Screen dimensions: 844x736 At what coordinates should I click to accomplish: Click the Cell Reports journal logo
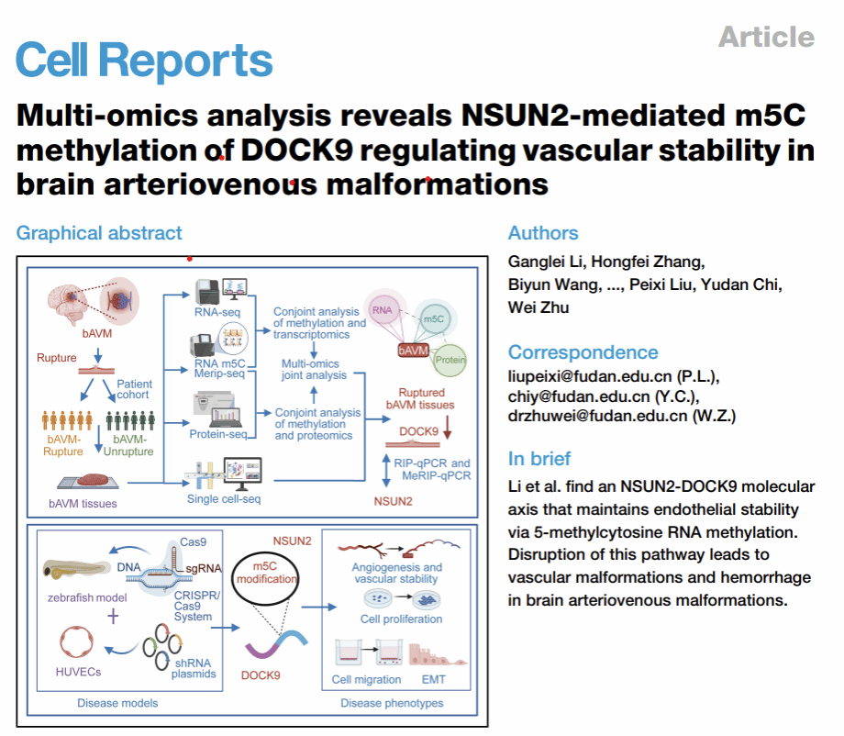144,61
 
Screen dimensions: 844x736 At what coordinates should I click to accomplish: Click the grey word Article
767,37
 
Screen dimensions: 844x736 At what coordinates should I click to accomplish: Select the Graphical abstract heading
99,233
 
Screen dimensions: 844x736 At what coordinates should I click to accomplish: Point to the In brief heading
539,459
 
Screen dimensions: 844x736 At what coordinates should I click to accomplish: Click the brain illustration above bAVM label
66,304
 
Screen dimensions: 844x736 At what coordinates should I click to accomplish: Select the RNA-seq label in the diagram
217,312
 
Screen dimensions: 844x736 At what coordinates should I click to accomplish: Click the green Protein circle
450,360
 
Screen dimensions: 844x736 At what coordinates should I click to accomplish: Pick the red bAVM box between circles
414,351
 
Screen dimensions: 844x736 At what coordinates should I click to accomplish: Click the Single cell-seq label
223,499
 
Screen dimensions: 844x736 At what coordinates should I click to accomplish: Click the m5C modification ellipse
265,579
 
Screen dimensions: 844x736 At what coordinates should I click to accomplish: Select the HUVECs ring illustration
76,641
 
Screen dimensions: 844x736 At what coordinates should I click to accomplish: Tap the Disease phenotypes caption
392,703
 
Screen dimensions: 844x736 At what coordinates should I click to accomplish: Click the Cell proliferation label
402,619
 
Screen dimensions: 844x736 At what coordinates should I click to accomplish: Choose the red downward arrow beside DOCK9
447,428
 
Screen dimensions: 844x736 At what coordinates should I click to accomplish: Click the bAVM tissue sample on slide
94,480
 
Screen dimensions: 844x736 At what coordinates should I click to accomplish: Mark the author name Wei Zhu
539,307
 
